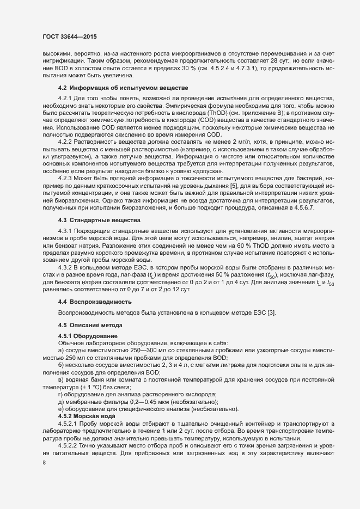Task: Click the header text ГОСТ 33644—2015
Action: tap(66, 36)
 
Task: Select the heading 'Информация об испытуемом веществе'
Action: tap(130, 88)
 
